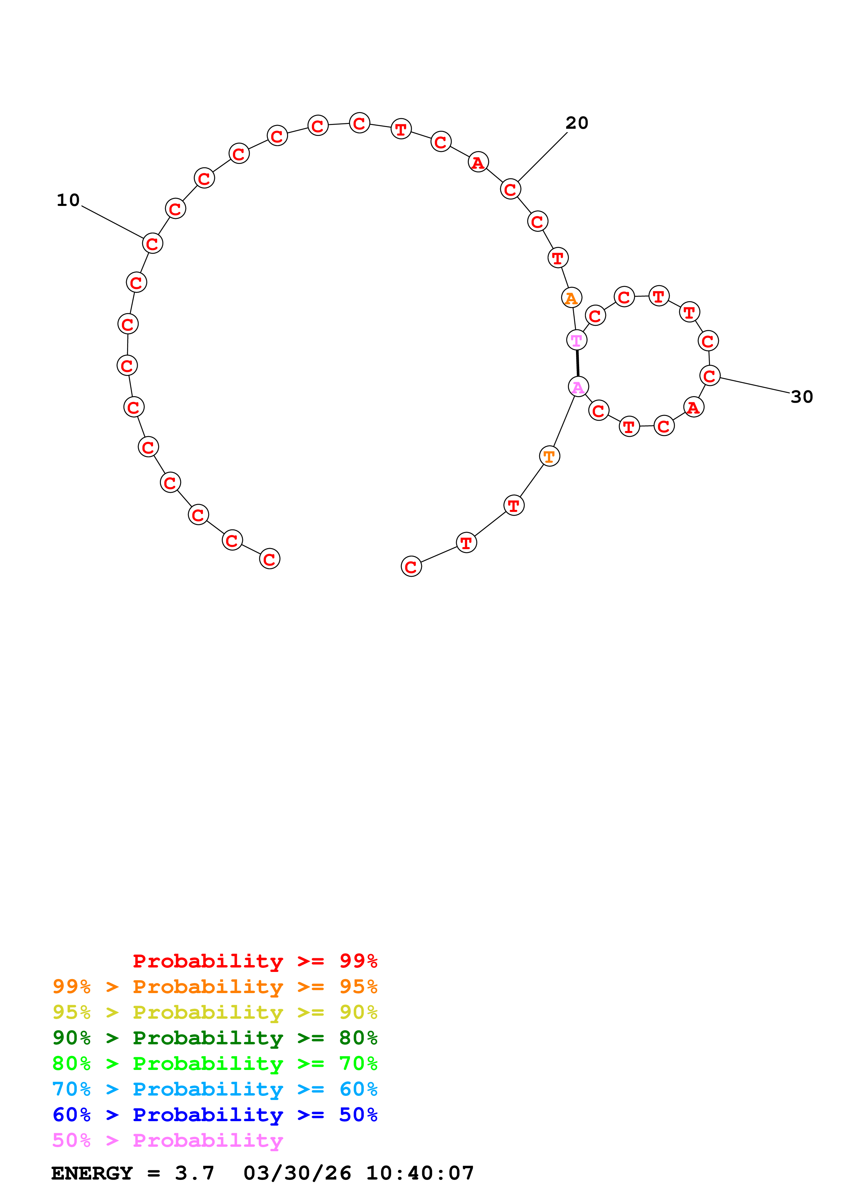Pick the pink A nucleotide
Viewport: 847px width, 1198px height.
(x=578, y=387)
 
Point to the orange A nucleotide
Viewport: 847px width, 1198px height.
(x=572, y=297)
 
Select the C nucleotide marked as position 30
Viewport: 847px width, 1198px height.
(x=709, y=376)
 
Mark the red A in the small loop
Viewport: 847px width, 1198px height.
(x=694, y=407)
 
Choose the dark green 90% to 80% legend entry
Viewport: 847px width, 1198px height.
(x=215, y=1038)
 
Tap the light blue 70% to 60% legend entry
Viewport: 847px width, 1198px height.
(x=215, y=1089)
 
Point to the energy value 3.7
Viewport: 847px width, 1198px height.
(x=195, y=1173)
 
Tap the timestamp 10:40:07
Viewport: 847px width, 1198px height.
(x=420, y=1173)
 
